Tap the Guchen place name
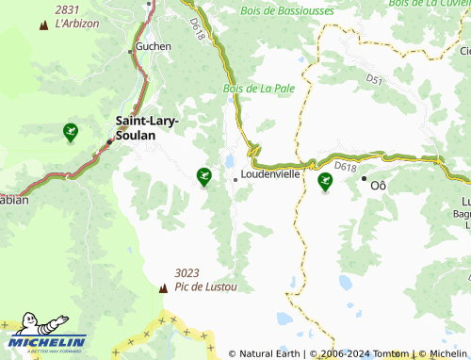153,45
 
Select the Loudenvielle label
271,175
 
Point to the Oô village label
379,185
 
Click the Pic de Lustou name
205,286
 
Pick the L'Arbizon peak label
77,24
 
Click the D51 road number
375,82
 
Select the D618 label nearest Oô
345,167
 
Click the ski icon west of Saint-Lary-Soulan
70,131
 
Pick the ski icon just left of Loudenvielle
203,174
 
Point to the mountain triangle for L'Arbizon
43,24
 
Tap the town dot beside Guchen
131,52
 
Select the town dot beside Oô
364,178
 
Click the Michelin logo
47,336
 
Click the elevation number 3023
187,273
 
